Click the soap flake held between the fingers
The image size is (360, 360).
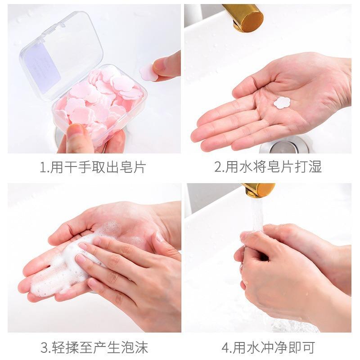pos(148,72)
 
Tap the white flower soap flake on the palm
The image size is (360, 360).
pos(282,103)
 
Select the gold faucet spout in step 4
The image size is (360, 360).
pos(259,189)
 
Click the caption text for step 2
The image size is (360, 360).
pos(268,168)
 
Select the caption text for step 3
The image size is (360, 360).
pos(94,347)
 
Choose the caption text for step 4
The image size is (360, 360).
pos(268,347)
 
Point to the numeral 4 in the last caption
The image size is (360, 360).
pos(225,348)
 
